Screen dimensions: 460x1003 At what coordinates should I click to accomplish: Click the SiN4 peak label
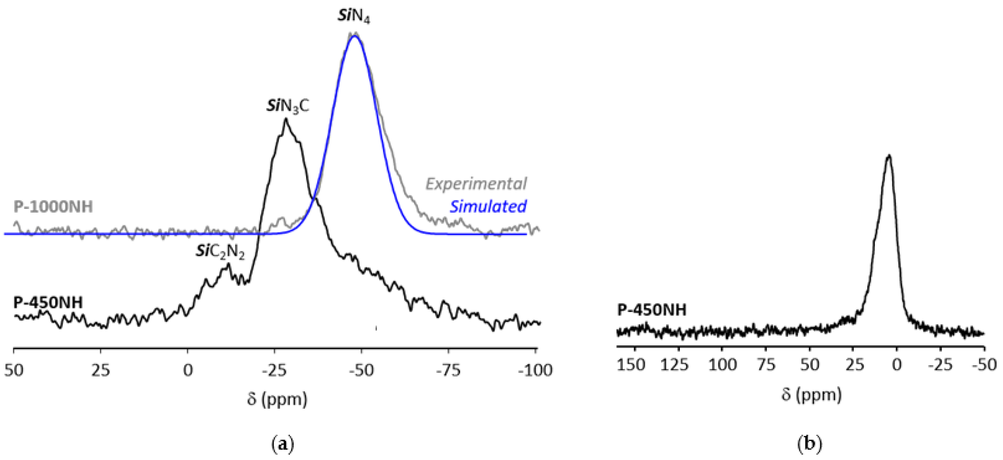click(353, 17)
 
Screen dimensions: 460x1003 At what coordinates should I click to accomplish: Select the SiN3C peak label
click(287, 106)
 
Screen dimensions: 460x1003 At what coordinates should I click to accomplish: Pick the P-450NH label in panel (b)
click(652, 310)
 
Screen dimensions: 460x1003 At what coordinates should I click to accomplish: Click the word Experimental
click(476, 183)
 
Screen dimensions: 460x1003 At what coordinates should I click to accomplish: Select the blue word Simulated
click(488, 206)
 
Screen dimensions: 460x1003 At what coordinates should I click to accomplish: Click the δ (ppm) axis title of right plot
click(811, 394)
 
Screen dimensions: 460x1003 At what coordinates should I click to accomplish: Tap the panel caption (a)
click(282, 444)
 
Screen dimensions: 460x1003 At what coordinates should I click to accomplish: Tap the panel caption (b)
click(809, 444)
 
